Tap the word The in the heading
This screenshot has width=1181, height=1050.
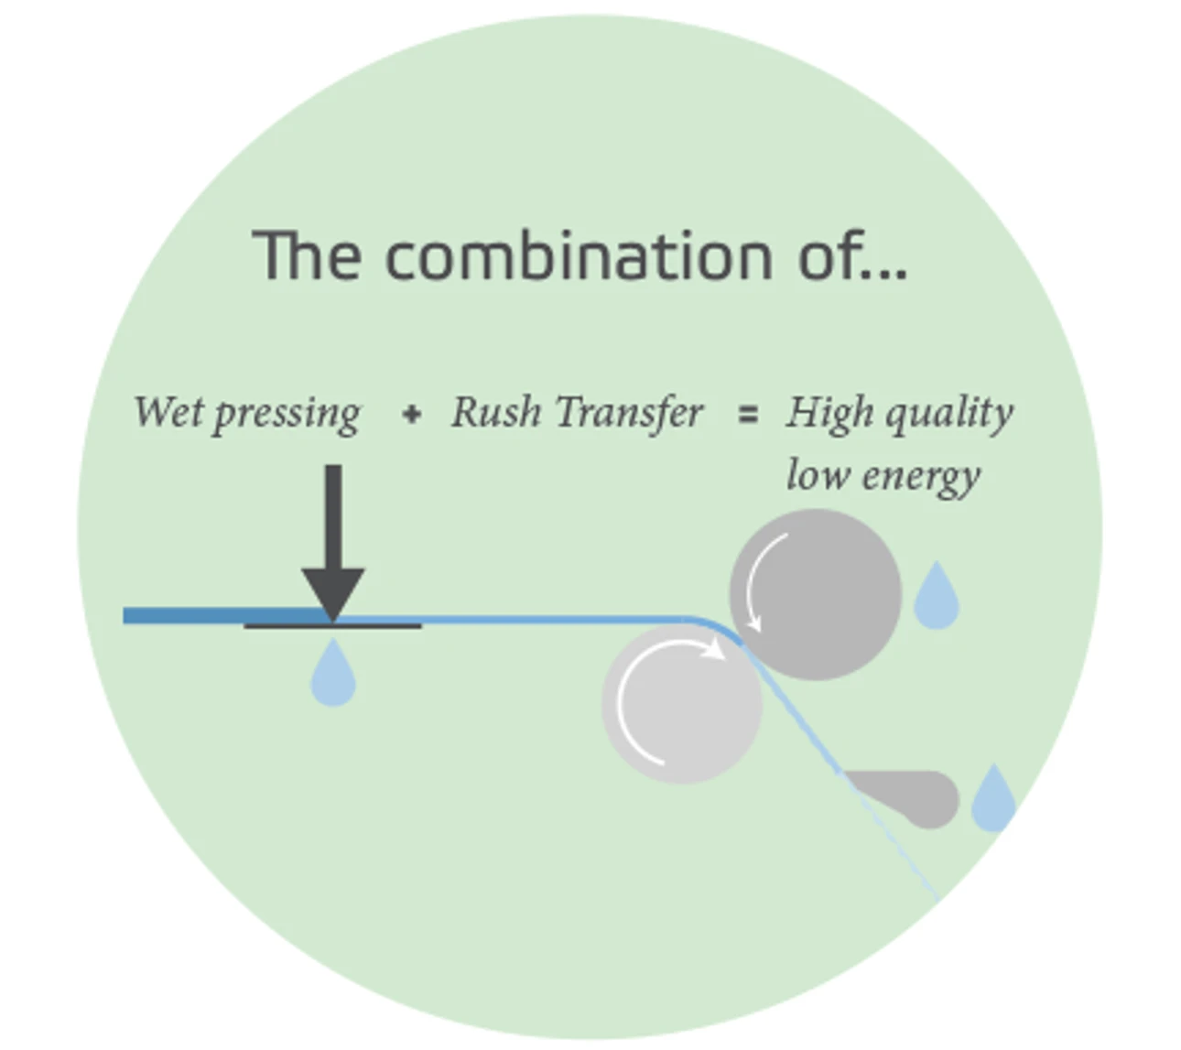tap(307, 254)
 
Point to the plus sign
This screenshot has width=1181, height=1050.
tap(412, 415)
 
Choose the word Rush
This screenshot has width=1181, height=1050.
tap(496, 411)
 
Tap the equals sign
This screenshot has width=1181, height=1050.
tap(748, 415)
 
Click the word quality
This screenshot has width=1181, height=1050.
tap(949, 415)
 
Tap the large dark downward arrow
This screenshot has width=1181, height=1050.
tap(333, 542)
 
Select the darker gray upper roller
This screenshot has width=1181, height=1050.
tap(816, 594)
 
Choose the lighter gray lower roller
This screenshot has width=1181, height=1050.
tap(681, 704)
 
